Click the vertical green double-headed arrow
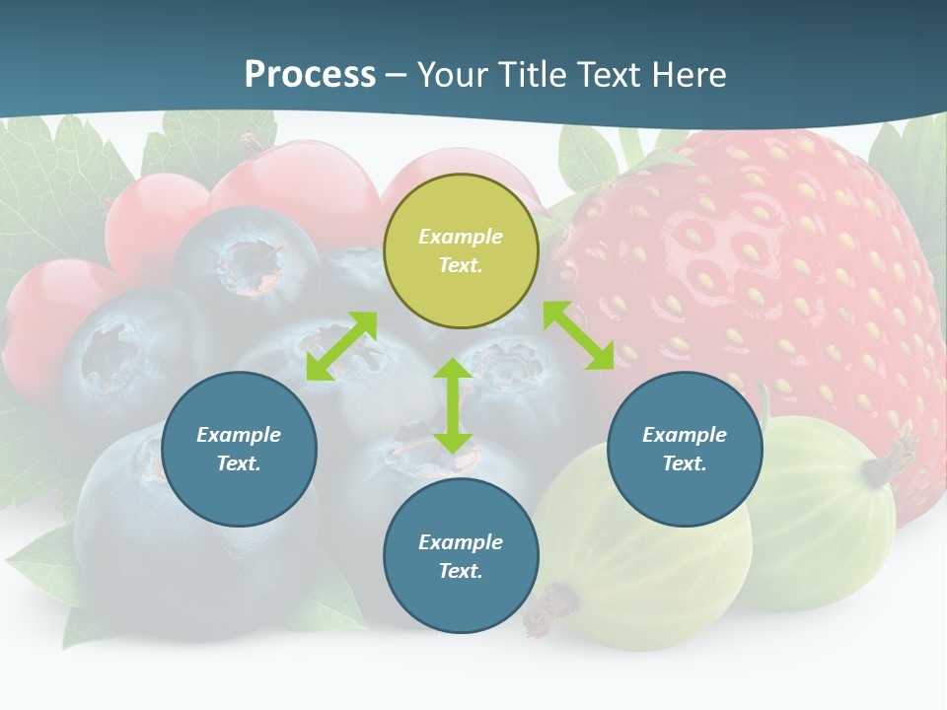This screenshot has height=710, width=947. (x=453, y=405)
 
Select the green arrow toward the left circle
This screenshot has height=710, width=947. (x=341, y=346)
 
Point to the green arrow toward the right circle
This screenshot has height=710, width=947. (x=578, y=335)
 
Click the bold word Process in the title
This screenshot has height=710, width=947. (x=310, y=74)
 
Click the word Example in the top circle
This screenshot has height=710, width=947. (x=461, y=237)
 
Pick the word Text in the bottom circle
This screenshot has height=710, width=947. (x=461, y=571)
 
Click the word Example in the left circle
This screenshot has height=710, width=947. (x=239, y=435)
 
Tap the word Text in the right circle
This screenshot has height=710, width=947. (x=685, y=463)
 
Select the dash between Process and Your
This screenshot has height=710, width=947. (x=396, y=75)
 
